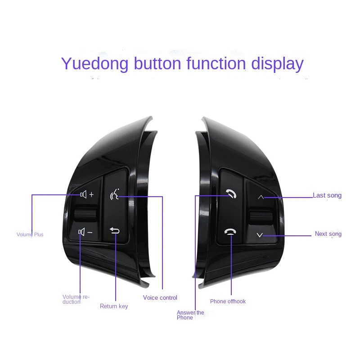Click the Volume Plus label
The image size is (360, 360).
tap(30, 234)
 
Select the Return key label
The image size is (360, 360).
tap(114, 306)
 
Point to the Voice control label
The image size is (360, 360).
tap(160, 297)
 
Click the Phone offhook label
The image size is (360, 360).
tap(228, 301)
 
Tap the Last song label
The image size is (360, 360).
tap(327, 195)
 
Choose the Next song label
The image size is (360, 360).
tap(328, 234)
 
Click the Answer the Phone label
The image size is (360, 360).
tap(190, 315)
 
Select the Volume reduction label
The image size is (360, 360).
tap(76, 299)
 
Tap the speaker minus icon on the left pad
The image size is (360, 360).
tap(85, 232)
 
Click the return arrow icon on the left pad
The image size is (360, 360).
tap(115, 231)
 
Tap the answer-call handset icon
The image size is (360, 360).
tap(231, 194)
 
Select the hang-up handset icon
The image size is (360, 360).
tap(231, 232)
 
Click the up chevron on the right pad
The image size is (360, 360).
tap(261, 197)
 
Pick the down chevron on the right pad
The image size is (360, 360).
tap(260, 234)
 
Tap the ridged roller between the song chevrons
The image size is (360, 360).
tap(261, 215)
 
